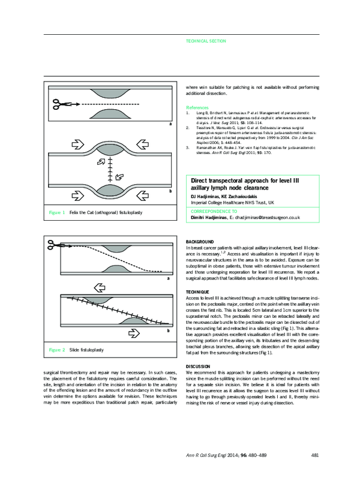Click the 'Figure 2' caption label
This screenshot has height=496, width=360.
tap(57, 348)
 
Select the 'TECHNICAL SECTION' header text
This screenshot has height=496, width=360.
tap(206, 41)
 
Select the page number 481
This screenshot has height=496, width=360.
tap(315, 472)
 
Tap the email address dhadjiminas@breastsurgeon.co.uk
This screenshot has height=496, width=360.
tap(268, 218)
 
